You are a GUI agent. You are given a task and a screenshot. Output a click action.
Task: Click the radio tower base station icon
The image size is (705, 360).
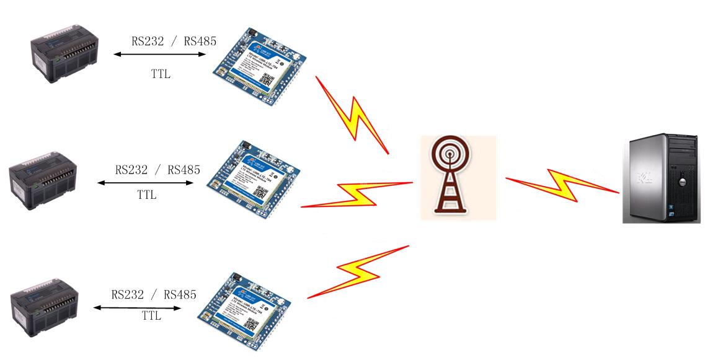point(458,177)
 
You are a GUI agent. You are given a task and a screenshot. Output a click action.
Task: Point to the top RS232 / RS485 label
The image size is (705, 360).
point(174,42)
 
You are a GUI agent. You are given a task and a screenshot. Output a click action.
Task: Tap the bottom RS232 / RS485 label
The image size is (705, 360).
point(154,294)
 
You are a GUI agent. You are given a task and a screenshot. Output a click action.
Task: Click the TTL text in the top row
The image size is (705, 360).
point(161,74)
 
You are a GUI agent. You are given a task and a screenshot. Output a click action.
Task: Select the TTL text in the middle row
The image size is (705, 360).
point(147,195)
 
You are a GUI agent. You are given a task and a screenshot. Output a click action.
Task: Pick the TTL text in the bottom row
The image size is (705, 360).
point(151,315)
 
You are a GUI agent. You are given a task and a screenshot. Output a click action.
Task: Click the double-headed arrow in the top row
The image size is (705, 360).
point(159,55)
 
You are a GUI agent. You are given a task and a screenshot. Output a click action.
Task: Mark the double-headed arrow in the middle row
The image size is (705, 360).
point(145,183)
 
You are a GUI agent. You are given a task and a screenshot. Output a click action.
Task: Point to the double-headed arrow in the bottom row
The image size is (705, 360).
point(138,307)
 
